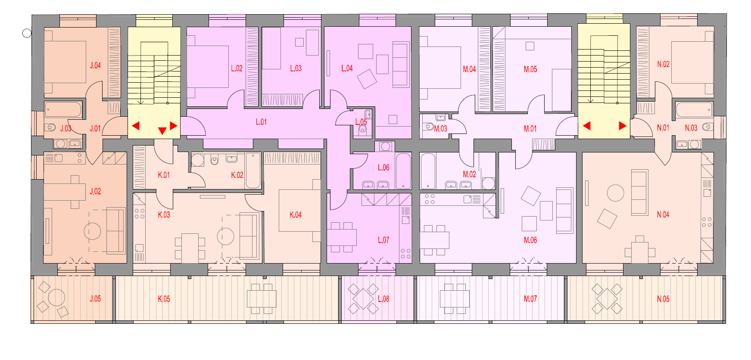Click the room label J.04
[x=95, y=65]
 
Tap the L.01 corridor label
[x=261, y=122]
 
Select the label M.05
[x=530, y=69]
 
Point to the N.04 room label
[x=663, y=214]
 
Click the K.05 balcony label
[x=164, y=299]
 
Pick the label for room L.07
[x=383, y=240]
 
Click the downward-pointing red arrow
[x=162, y=131]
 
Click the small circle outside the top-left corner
[x=27, y=33]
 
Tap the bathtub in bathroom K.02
[x=253, y=171]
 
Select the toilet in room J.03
[x=50, y=127]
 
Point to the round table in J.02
[x=92, y=231]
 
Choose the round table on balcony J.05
[x=56, y=298]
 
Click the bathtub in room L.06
[x=403, y=171]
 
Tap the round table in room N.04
[x=616, y=193]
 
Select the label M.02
[x=470, y=174]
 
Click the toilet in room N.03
[x=707, y=127]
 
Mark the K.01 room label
[x=164, y=175]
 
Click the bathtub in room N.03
[x=694, y=110]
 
